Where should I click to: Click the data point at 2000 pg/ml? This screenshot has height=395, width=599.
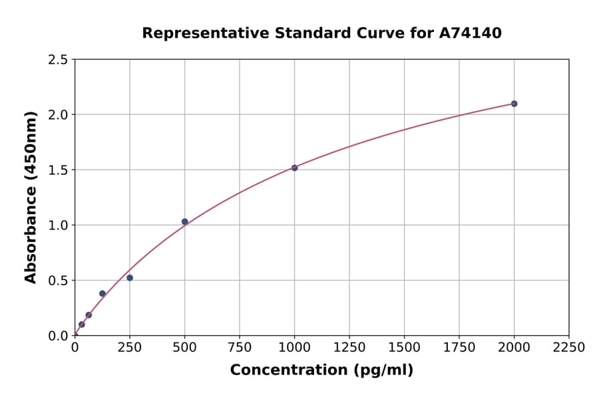pyautogui.click(x=514, y=104)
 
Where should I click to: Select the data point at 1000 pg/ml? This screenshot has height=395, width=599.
pyautogui.click(x=294, y=168)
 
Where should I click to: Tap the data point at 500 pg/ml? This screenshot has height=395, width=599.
pyautogui.click(x=184, y=221)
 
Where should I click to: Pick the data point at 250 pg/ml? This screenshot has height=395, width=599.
pyautogui.click(x=130, y=278)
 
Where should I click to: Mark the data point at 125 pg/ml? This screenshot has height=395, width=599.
pyautogui.click(x=102, y=293)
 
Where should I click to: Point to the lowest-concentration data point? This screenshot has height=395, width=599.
pyautogui.click(x=82, y=325)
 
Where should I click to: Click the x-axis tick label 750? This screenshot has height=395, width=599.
pyautogui.click(x=240, y=348)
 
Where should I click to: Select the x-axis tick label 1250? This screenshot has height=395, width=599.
pyautogui.click(x=349, y=348)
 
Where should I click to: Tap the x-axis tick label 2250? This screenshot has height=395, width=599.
pyautogui.click(x=569, y=348)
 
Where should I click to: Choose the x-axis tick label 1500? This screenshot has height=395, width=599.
pyautogui.click(x=404, y=348)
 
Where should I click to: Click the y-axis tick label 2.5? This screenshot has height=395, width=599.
pyautogui.click(x=58, y=60)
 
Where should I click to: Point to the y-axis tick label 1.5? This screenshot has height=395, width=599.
pyautogui.click(x=58, y=170)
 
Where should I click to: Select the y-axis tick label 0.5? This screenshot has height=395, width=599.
pyautogui.click(x=58, y=281)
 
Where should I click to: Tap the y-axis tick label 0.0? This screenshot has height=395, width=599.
pyautogui.click(x=58, y=336)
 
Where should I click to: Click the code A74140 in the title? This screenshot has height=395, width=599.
pyautogui.click(x=469, y=33)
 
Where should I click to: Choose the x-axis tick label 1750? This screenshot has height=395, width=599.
pyautogui.click(x=459, y=348)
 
